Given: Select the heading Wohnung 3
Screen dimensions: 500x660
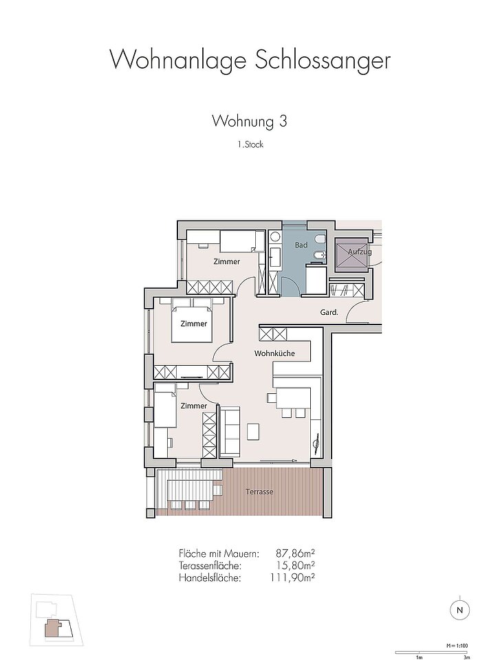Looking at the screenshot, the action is point(250,121).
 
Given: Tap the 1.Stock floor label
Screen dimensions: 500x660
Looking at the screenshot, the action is point(250,144).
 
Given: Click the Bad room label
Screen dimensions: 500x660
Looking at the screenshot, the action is point(301,245).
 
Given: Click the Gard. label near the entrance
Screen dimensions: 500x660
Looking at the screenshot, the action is point(329,312).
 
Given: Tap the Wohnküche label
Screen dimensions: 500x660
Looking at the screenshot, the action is point(274,353).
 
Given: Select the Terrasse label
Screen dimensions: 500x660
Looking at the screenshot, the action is point(259,492).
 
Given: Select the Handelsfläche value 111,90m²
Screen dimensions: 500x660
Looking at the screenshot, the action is point(293,578).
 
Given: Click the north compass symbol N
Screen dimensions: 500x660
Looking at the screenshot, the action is point(459,610).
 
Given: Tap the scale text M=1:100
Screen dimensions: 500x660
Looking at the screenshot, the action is point(457,646).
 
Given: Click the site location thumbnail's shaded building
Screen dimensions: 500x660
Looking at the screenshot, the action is point(53,628).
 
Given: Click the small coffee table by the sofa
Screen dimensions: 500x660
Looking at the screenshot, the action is point(254,431).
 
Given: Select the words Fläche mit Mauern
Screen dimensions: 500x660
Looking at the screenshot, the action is point(219,553).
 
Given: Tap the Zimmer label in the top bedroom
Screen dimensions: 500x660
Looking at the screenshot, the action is point(227,262).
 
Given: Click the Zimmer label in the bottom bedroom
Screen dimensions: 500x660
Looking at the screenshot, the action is point(194,406).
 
